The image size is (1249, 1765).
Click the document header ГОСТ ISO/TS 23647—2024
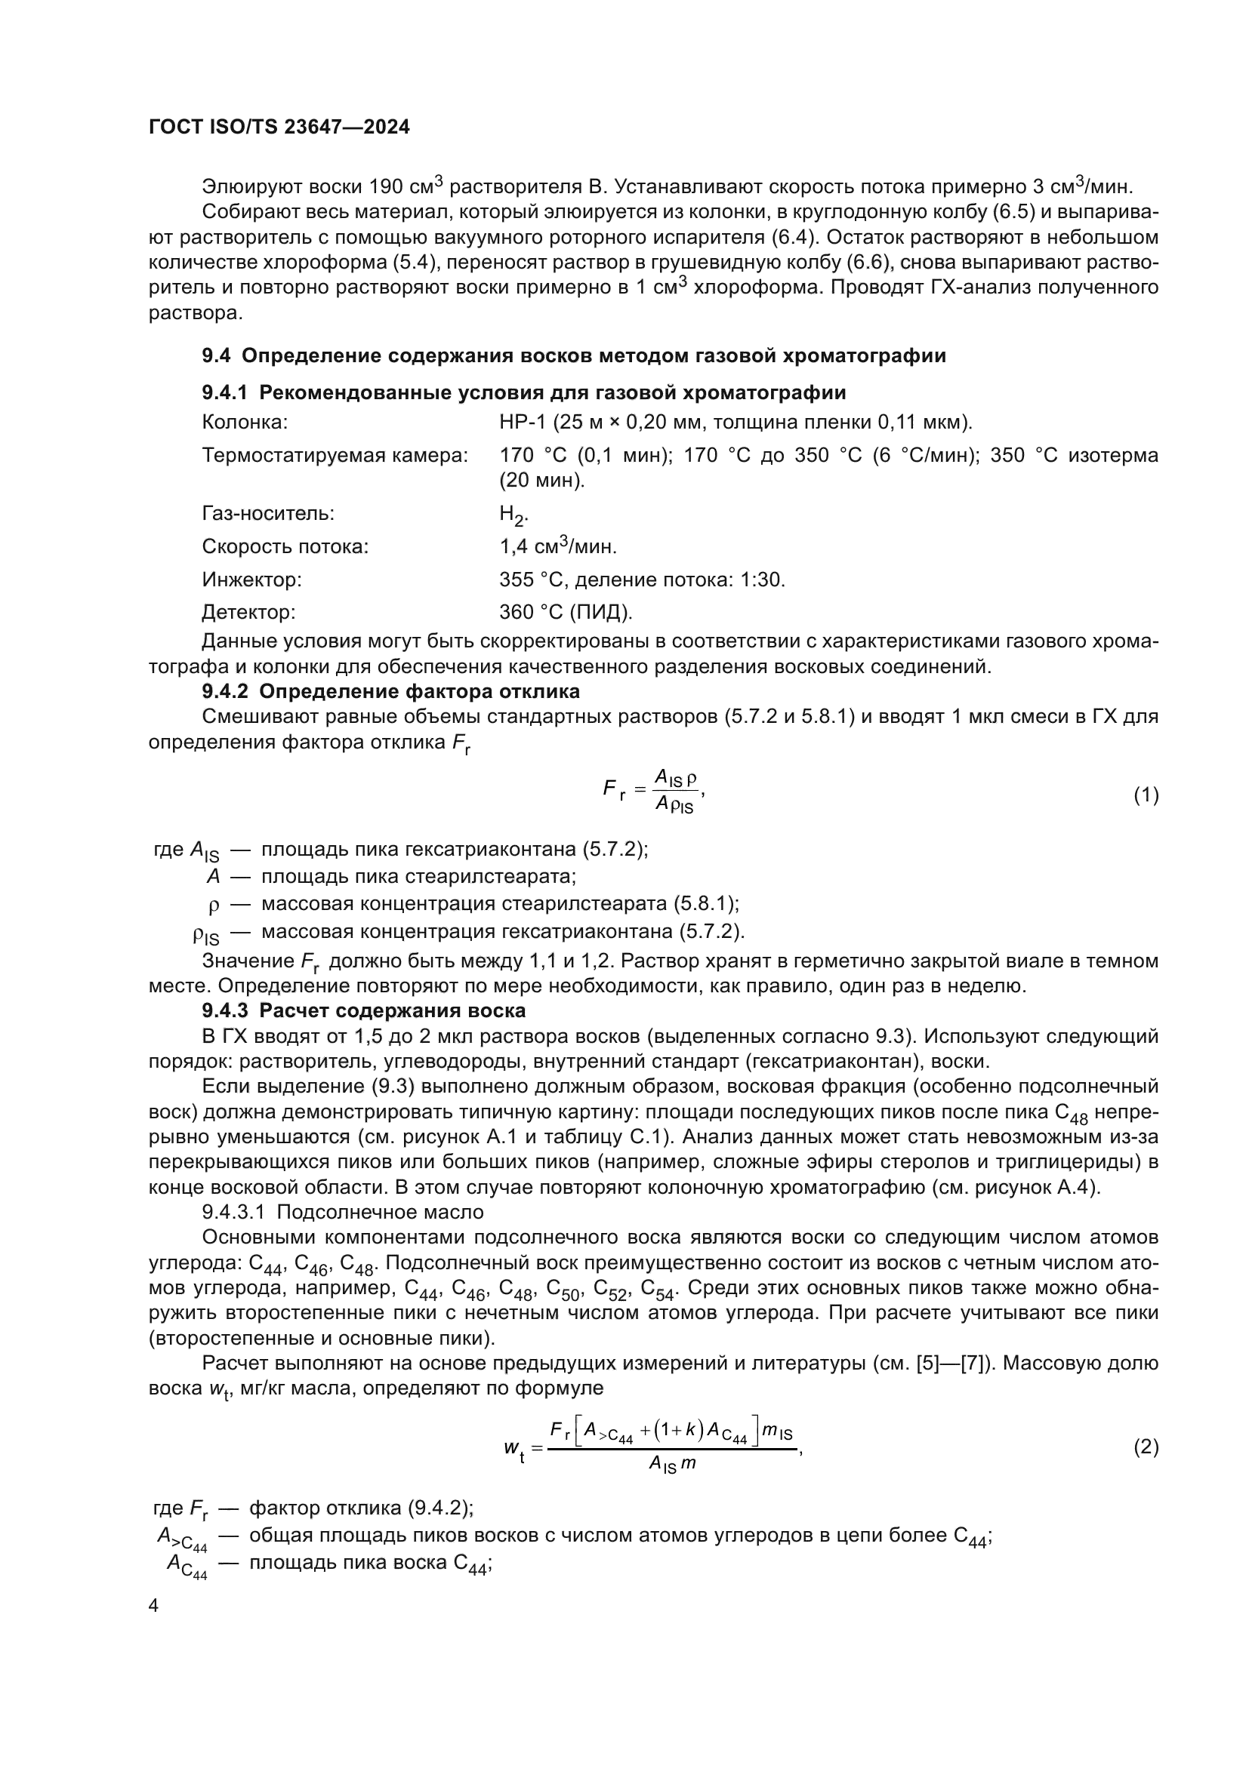(x=279, y=128)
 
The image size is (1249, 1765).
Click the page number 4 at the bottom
(x=153, y=1606)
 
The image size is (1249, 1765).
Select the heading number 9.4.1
(x=224, y=393)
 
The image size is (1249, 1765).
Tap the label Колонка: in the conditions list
(x=245, y=422)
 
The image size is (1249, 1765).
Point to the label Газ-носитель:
(x=267, y=514)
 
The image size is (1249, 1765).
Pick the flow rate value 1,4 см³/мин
(x=557, y=546)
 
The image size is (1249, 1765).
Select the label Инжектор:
(x=251, y=580)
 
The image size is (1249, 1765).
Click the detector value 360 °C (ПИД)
(x=566, y=612)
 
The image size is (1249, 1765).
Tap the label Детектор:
(x=248, y=612)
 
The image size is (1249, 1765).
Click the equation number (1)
(x=1146, y=795)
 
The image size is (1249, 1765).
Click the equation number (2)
(x=1146, y=1447)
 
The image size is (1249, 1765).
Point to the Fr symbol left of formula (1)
(x=613, y=789)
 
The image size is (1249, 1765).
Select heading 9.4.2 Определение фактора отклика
(x=390, y=691)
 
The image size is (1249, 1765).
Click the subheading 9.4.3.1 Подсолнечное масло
(x=343, y=1213)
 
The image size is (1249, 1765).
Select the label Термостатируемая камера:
(x=335, y=455)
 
